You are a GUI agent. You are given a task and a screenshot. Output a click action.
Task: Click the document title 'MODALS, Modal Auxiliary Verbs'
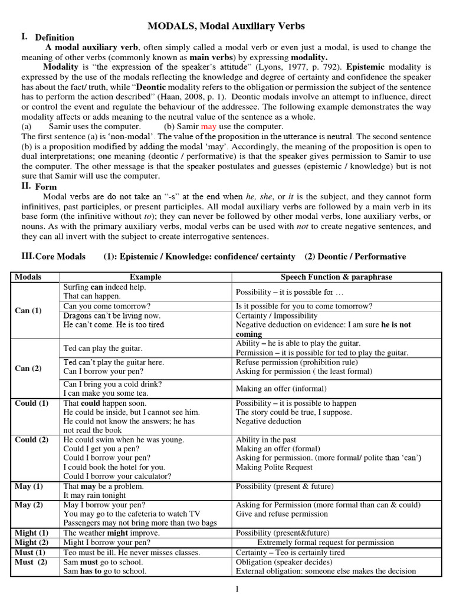click(x=226, y=26)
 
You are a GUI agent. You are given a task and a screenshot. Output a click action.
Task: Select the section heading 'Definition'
click(x=54, y=38)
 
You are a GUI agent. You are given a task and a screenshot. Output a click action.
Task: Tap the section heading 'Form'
click(x=46, y=187)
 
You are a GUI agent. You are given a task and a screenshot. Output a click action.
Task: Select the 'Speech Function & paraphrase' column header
click(x=336, y=277)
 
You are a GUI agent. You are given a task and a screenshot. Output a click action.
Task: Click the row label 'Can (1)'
click(x=28, y=310)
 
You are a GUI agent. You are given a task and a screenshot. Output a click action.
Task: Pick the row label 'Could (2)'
click(x=32, y=440)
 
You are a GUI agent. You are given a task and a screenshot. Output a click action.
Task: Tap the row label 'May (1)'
click(x=29, y=486)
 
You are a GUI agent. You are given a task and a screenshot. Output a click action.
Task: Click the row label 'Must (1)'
click(x=29, y=553)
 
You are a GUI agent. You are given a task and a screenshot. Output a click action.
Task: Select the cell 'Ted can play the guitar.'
click(x=103, y=348)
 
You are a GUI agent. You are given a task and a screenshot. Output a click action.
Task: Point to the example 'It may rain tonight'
click(x=95, y=495)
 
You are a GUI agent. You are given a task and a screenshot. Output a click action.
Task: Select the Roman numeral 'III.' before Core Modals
click(x=27, y=255)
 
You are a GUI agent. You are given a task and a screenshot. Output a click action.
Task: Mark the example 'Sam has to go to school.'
click(x=104, y=571)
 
